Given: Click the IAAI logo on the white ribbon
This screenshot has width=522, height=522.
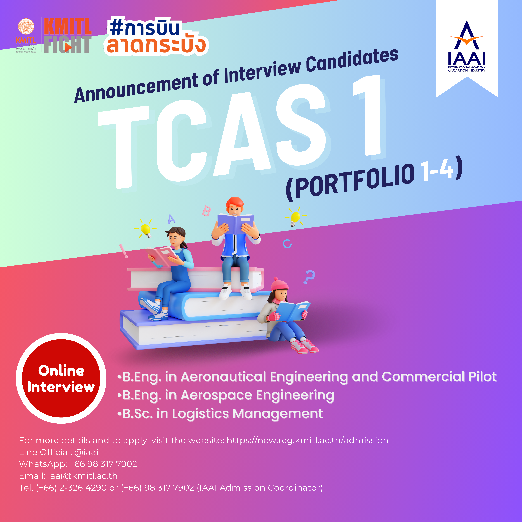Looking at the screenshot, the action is tap(467, 46).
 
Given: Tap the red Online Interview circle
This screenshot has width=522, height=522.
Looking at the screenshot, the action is tap(61, 378).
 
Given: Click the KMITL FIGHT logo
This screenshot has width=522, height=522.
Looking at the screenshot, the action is tap(68, 35).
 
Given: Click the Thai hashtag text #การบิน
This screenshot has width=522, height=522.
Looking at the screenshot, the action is tap(145, 28).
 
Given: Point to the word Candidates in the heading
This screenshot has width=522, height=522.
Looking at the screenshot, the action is tap(352, 61).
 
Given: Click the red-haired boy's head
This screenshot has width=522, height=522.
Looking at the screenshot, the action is tap(234, 206).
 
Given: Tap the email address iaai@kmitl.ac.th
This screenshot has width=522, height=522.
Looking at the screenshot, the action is tap(83, 476).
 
